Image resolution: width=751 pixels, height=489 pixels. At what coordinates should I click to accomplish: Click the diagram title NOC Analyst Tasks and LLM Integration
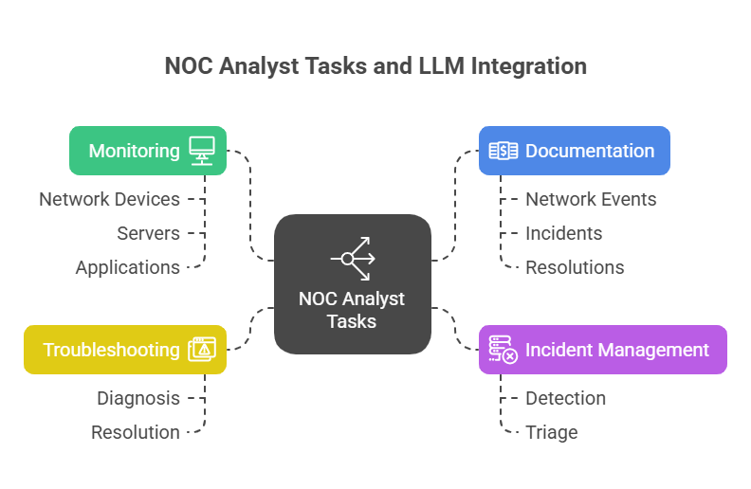(x=375, y=65)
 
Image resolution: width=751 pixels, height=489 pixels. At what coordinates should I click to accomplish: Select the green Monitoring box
(x=148, y=151)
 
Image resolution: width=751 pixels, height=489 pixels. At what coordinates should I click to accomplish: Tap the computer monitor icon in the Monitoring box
(x=202, y=151)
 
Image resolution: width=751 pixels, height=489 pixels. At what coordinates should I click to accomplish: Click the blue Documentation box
(x=574, y=151)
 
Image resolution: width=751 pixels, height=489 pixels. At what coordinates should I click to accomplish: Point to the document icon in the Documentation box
(x=503, y=151)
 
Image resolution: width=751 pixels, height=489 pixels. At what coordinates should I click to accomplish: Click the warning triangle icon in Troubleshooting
(x=202, y=350)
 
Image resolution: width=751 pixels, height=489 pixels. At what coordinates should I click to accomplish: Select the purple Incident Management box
(x=602, y=350)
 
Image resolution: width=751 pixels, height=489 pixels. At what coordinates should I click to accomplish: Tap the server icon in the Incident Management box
(x=503, y=350)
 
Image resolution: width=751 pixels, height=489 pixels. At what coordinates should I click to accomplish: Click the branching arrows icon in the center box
(x=353, y=258)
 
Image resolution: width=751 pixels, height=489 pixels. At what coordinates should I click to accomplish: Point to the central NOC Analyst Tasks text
(x=352, y=310)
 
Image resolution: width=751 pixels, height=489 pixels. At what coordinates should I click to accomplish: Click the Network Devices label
(x=109, y=199)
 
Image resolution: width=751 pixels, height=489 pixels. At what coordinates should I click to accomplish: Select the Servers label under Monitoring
(x=148, y=233)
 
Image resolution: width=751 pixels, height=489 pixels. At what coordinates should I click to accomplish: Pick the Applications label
(x=127, y=267)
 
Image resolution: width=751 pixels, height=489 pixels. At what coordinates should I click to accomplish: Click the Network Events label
(x=591, y=199)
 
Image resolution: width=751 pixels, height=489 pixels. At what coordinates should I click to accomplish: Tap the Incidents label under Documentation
(x=563, y=233)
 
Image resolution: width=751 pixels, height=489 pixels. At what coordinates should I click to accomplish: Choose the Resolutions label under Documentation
(x=575, y=267)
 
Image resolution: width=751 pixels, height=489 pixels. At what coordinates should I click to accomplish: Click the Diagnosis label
(x=137, y=398)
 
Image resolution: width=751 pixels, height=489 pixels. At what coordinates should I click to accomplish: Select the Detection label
(x=565, y=398)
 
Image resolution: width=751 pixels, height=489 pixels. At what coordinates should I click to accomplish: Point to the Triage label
(x=551, y=432)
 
